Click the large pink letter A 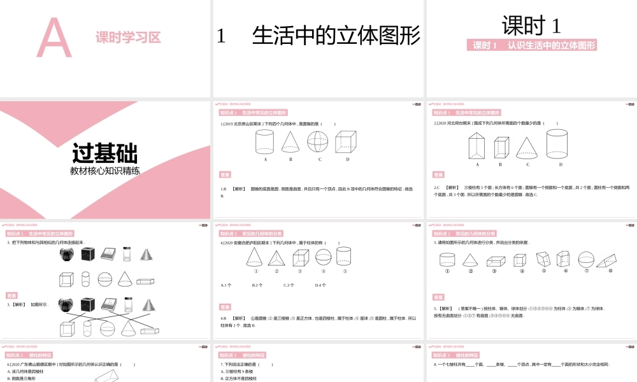54,38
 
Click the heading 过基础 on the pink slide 104,153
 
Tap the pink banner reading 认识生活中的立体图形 533,45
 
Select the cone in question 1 290,142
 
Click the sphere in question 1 319,142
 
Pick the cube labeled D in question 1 347,142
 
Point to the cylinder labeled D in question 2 557,144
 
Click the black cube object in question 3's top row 88,254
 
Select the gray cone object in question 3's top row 148,253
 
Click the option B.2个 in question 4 258,285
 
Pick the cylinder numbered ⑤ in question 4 345,257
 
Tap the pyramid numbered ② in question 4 276,258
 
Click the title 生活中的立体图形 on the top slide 336,36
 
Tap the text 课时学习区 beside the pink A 128,38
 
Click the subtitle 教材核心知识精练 104,171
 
